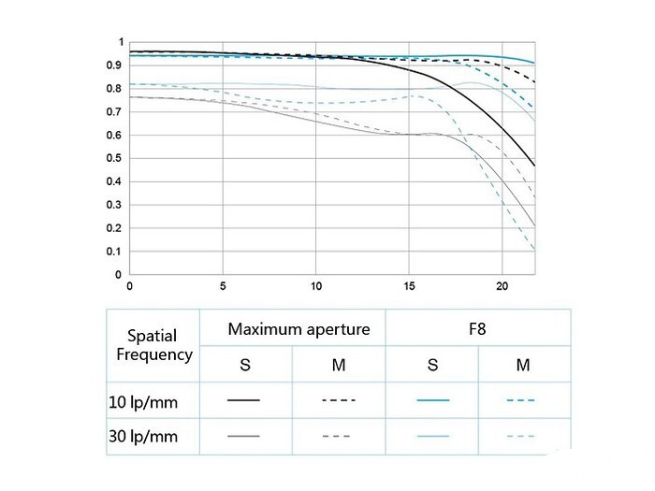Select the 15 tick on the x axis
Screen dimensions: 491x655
(x=409, y=285)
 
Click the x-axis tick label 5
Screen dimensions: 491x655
(x=223, y=285)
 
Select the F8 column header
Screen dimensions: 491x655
(x=477, y=329)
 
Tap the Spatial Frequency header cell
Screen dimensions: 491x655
(x=153, y=345)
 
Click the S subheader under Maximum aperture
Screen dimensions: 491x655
(x=244, y=365)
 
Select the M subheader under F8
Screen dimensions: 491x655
(x=523, y=365)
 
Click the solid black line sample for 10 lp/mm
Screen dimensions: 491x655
(x=244, y=400)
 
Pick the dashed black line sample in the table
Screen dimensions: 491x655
(x=338, y=400)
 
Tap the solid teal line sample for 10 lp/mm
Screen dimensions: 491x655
(x=431, y=400)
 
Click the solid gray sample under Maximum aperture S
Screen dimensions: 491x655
(x=244, y=436)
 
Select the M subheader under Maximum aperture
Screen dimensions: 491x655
(x=338, y=365)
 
